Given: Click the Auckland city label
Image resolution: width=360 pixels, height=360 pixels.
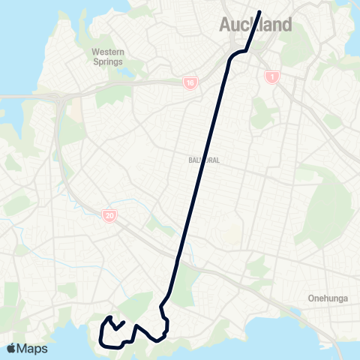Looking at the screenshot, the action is [x=255, y=25].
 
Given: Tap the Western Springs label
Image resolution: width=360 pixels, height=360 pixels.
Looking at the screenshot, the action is [x=108, y=57].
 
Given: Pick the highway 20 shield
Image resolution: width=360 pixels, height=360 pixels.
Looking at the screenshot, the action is [x=110, y=216].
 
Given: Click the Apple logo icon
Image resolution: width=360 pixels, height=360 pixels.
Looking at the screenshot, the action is [x=11, y=348].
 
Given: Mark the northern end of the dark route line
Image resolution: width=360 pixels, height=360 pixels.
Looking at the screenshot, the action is [x=259, y=12].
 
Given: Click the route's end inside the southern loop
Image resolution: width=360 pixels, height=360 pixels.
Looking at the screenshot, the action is [x=124, y=322].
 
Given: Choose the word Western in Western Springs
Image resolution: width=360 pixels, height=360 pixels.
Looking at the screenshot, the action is [x=108, y=52].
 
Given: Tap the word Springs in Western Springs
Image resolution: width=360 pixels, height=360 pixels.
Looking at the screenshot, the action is [x=108, y=62].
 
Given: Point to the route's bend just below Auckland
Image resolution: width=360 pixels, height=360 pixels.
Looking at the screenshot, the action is [x=241, y=52].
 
